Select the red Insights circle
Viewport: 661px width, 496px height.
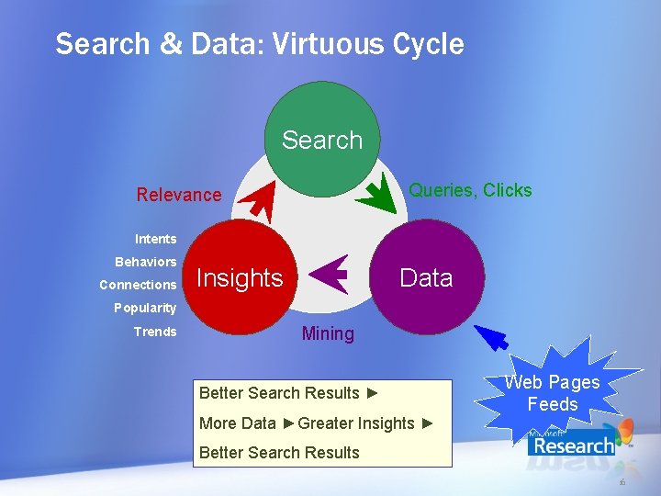(x=241, y=277)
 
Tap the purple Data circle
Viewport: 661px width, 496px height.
(x=427, y=277)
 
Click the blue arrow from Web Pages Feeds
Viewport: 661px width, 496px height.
(x=490, y=337)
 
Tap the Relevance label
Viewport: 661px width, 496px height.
(x=179, y=195)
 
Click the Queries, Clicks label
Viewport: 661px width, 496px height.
(x=470, y=190)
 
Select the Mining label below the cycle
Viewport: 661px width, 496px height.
(x=328, y=333)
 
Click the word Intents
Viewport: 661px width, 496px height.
(x=155, y=239)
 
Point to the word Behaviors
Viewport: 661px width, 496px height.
(x=145, y=262)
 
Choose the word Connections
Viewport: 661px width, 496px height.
(x=138, y=285)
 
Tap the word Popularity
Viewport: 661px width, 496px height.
(x=144, y=308)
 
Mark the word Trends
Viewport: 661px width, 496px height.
(x=155, y=332)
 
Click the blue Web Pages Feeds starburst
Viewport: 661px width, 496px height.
(x=552, y=393)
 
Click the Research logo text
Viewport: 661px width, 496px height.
(x=573, y=446)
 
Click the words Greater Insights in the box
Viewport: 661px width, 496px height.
(x=356, y=423)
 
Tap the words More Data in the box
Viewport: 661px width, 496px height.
(x=237, y=423)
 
